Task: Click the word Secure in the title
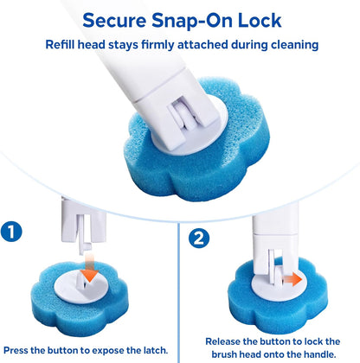pos(114,21)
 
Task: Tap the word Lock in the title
pos(260,21)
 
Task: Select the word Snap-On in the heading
pos(192,21)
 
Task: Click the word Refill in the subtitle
pos(60,45)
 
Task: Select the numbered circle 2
pos(199,239)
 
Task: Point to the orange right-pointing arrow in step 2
pos(292,279)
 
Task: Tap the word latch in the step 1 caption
pos(155,350)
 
